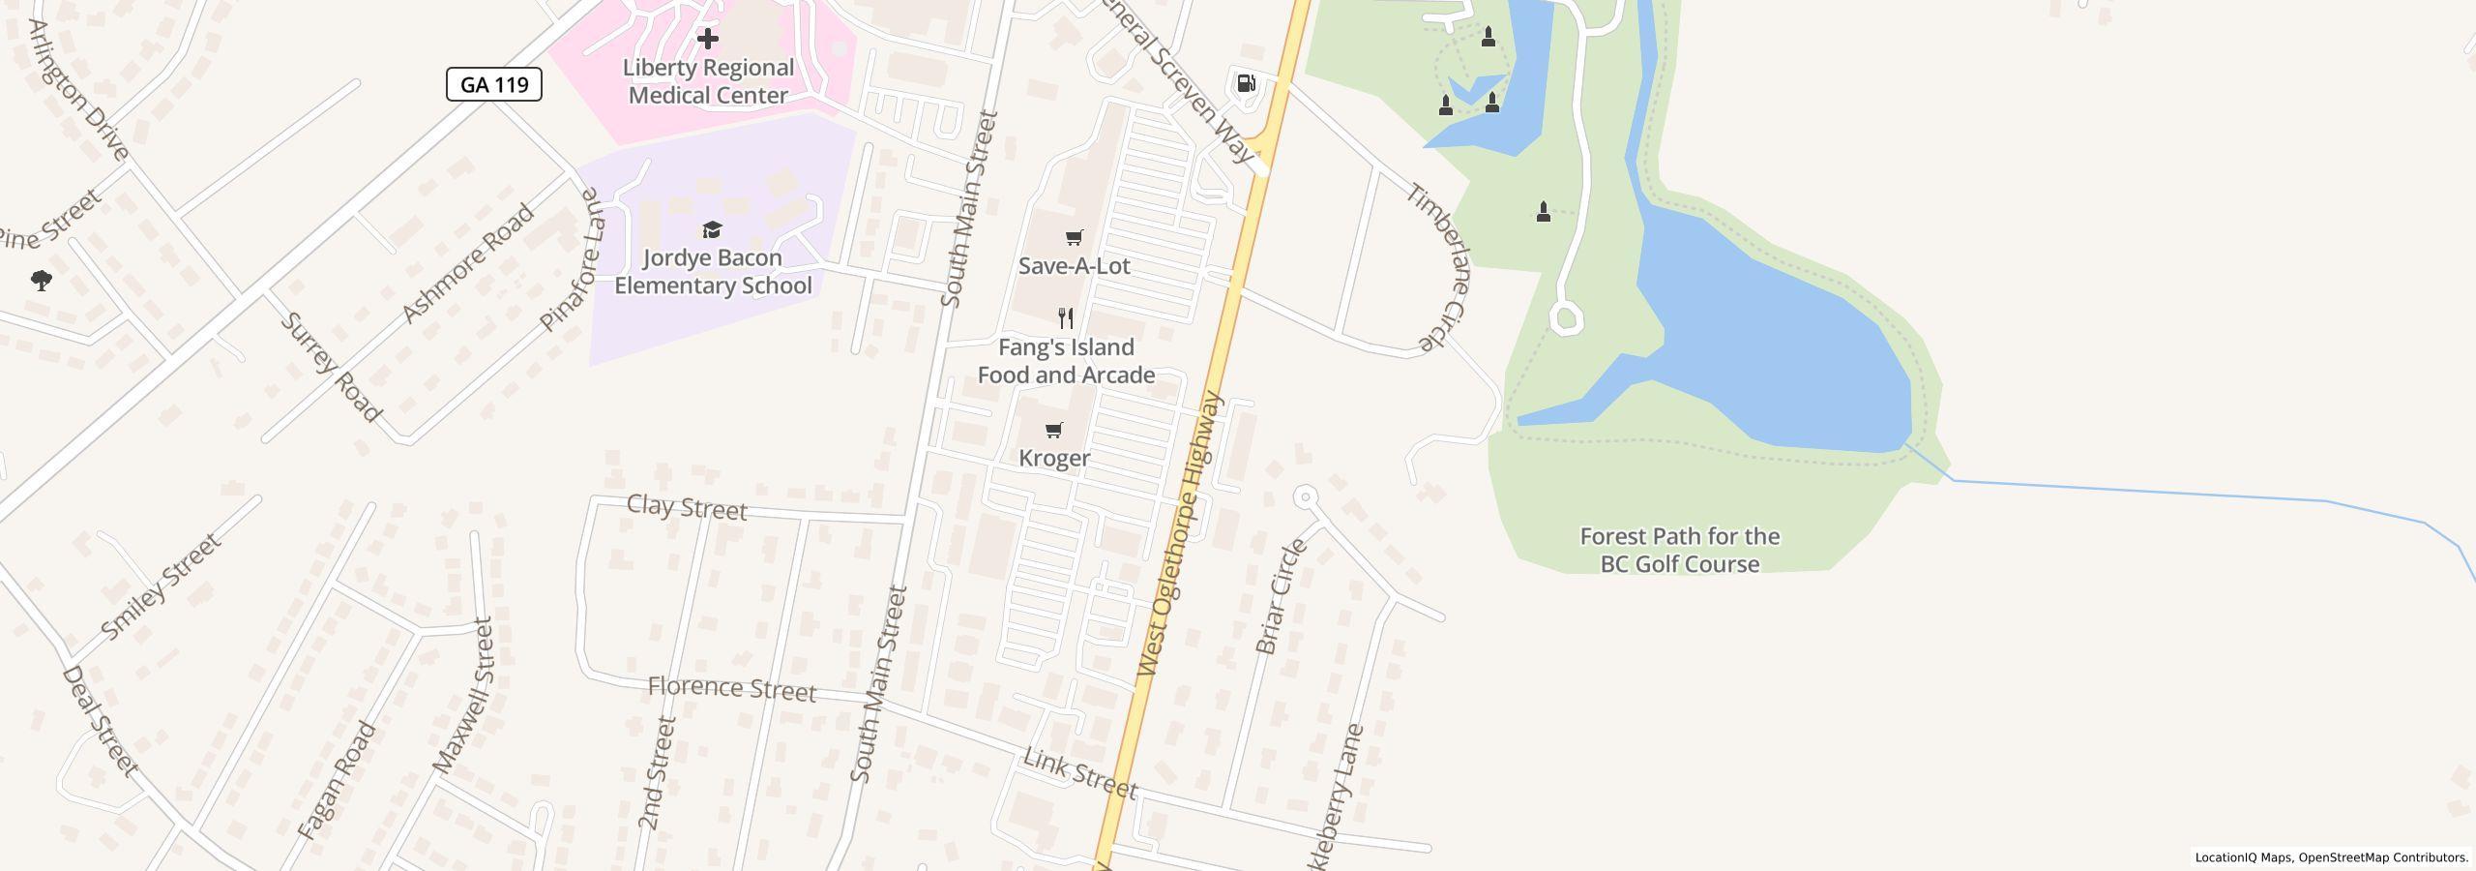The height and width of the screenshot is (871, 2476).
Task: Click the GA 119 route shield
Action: tap(493, 84)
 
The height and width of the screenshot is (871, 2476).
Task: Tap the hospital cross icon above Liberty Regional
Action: tap(708, 39)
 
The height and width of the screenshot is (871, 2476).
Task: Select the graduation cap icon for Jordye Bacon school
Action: tap(712, 229)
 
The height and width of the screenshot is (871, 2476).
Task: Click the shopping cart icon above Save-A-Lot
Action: tap(1074, 237)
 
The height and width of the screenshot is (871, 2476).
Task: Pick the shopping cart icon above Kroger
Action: tap(1054, 430)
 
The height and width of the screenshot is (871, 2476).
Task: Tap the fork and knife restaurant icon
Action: tap(1066, 317)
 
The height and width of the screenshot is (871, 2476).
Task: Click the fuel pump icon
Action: tap(1246, 83)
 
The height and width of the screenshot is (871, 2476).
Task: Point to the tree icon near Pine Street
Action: tap(41, 281)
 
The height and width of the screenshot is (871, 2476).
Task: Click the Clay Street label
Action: tap(687, 507)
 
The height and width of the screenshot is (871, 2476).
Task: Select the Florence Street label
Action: tap(731, 689)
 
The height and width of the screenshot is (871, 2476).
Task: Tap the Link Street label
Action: tap(1079, 774)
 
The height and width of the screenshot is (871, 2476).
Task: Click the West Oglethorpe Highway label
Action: tap(1180, 534)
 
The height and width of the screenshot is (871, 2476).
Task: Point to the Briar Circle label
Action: tap(1281, 596)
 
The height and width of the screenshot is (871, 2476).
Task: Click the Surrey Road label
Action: tap(331, 367)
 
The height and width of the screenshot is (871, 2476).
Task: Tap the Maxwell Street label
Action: tap(463, 695)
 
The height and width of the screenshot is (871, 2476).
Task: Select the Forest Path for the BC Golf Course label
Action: tap(1680, 550)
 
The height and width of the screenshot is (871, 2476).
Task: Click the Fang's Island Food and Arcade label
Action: tap(1066, 361)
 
